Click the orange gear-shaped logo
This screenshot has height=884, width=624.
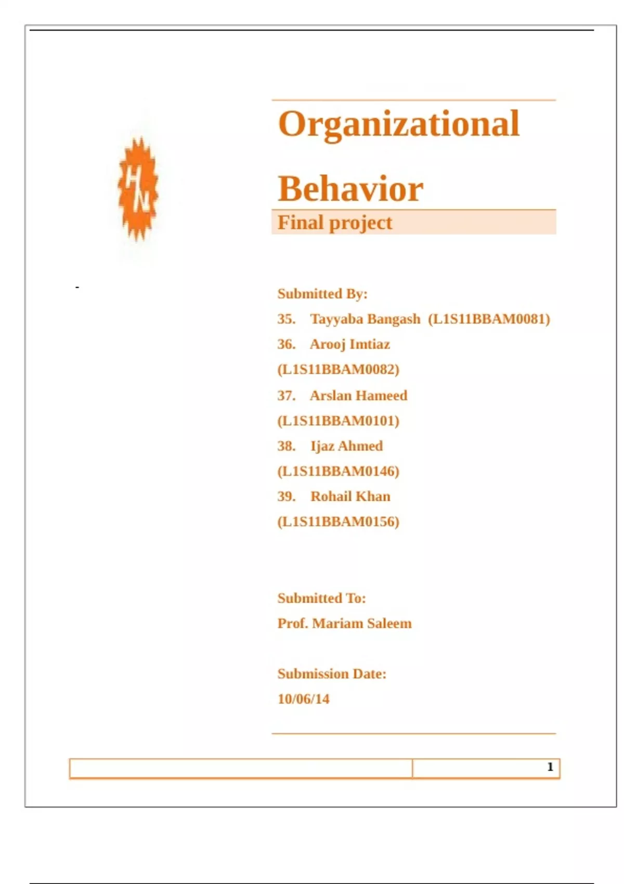[138, 188]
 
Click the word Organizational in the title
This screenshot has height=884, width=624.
[399, 124]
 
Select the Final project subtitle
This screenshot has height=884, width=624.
[334, 223]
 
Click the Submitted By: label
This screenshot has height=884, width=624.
[322, 294]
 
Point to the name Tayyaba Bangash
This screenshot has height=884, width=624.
[365, 319]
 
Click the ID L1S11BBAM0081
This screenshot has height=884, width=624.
[489, 319]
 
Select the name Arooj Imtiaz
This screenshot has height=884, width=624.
[349, 344]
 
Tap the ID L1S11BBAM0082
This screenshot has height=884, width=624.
[339, 369]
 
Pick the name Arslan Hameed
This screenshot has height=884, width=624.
[358, 395]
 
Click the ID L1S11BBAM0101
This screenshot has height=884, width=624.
[339, 421]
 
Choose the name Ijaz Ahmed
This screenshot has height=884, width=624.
[346, 446]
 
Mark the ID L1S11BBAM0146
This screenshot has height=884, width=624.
[339, 471]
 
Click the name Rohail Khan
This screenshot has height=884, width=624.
[350, 496]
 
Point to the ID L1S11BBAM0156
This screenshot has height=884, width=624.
[339, 522]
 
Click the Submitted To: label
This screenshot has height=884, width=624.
[321, 598]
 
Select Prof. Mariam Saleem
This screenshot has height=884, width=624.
[344, 623]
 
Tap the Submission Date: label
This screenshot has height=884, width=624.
[332, 673]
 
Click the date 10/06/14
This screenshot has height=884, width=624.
[303, 699]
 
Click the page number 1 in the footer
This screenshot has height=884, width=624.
[550, 767]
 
